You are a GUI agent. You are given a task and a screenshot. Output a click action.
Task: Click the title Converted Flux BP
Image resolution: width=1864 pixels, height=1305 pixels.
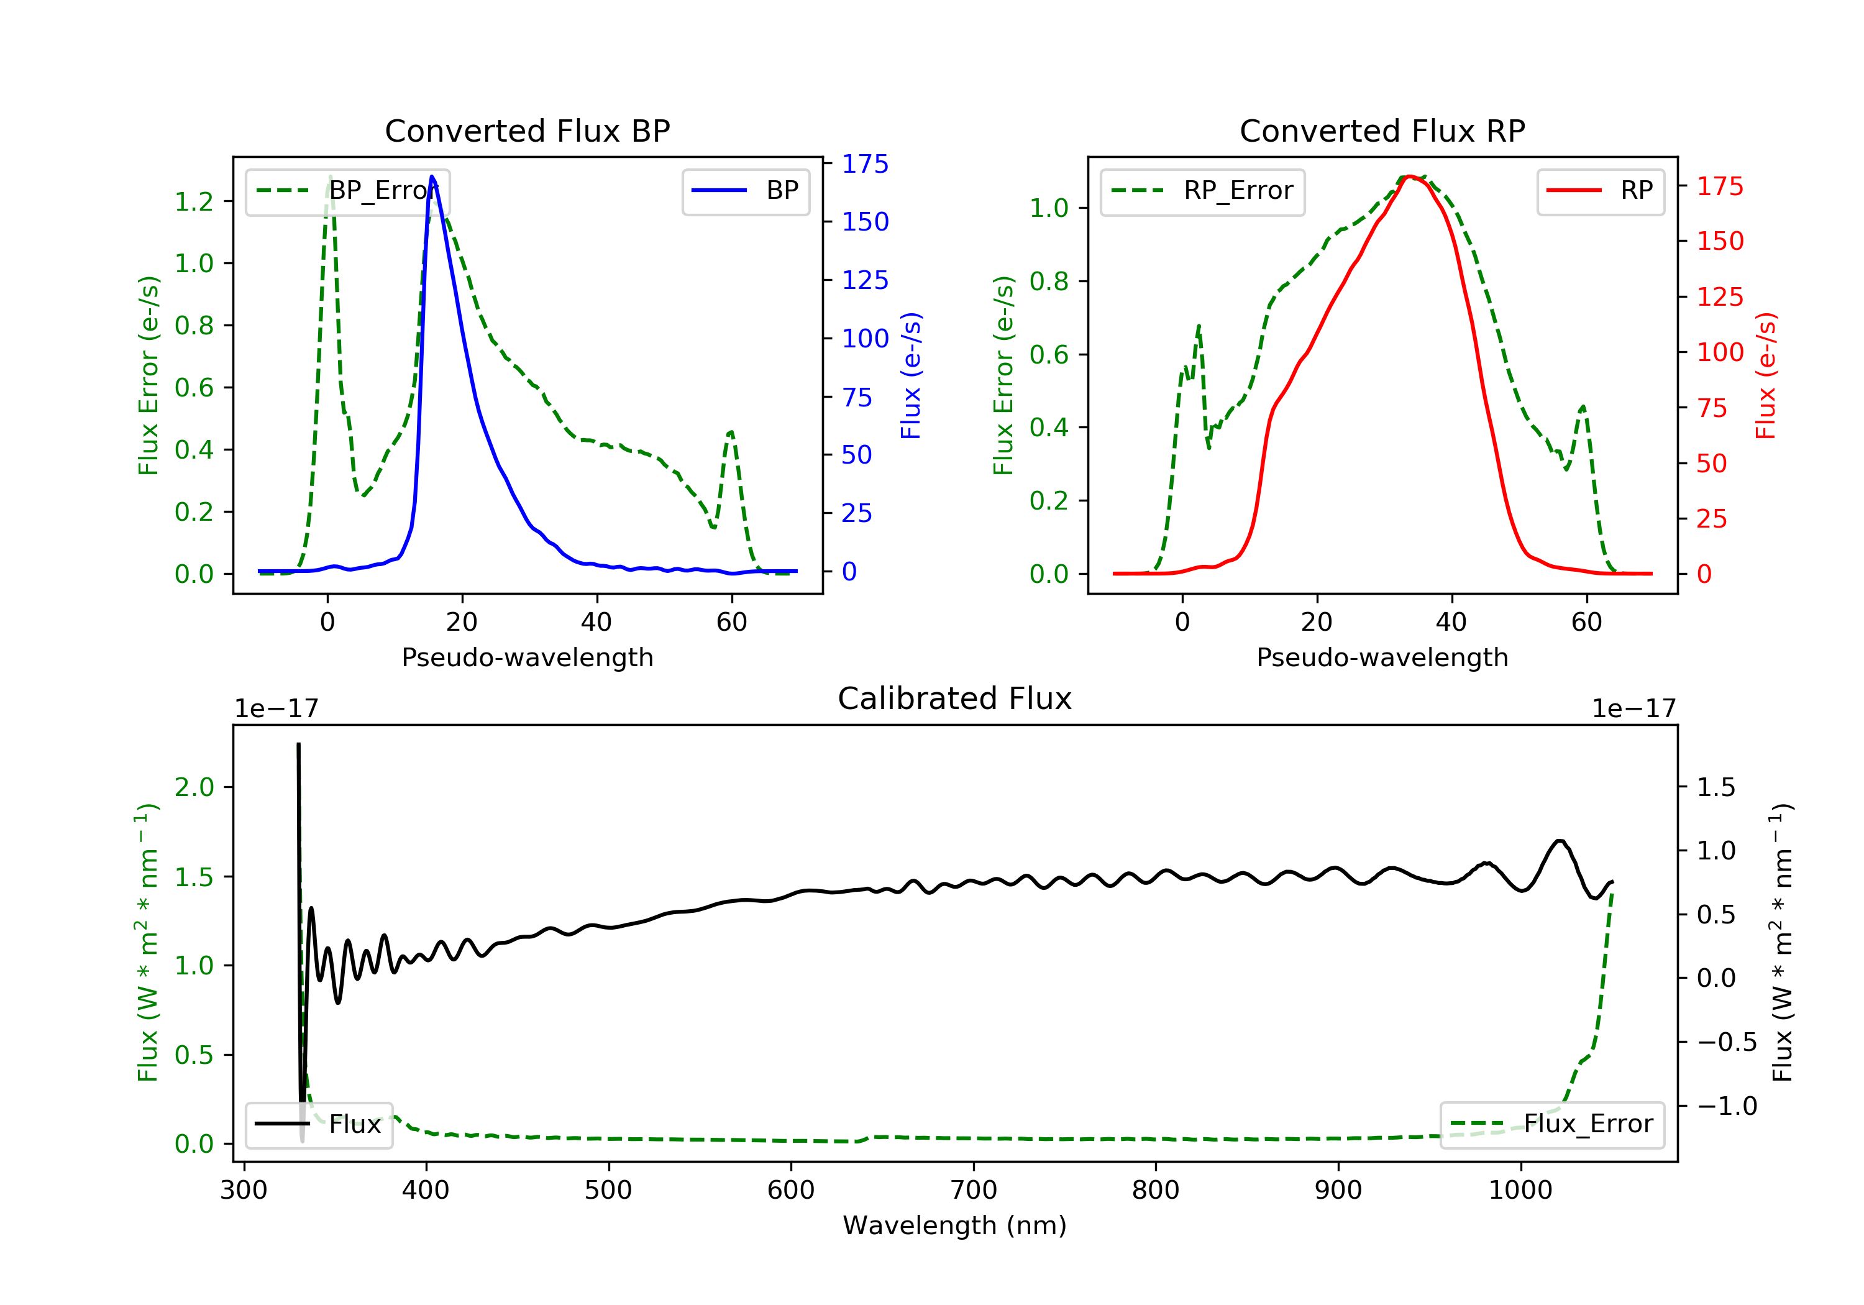coord(528,130)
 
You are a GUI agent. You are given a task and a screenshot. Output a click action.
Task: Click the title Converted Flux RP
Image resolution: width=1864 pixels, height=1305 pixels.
coord(1382,130)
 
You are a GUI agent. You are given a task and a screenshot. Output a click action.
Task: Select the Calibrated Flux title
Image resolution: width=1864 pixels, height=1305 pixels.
coord(955,698)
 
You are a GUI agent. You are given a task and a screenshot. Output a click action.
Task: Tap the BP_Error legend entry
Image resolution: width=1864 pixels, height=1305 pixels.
coord(347,191)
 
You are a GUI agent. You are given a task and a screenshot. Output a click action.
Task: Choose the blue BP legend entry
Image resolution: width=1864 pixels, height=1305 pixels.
coord(745,191)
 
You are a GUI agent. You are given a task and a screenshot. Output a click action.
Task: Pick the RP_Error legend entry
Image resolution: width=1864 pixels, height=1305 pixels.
coord(1202,191)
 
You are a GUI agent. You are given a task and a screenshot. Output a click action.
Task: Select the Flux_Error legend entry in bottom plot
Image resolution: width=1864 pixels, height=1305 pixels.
coord(1551,1124)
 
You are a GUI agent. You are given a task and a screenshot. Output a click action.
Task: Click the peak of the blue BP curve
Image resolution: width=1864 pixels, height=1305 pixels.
coord(432,176)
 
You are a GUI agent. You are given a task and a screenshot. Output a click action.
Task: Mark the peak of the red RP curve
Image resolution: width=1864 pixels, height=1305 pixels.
coord(1410,176)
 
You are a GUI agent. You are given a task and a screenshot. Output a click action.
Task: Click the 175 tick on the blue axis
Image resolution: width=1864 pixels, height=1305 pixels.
coord(866,164)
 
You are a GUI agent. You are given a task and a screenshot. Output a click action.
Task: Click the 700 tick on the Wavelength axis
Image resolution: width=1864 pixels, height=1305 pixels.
coord(974,1191)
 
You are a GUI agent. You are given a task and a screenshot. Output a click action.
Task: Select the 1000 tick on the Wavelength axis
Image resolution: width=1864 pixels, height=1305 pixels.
coord(1520,1191)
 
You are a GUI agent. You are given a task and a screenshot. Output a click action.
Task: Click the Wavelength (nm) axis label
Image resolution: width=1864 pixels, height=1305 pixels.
coord(955,1225)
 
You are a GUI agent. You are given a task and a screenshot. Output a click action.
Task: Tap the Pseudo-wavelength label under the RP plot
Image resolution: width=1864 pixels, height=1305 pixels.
coord(1382,657)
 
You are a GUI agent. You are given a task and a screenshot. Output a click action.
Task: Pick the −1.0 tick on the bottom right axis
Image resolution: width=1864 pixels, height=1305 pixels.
coord(1727,1106)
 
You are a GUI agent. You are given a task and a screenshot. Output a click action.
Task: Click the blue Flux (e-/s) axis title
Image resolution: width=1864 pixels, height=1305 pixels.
coord(911,376)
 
